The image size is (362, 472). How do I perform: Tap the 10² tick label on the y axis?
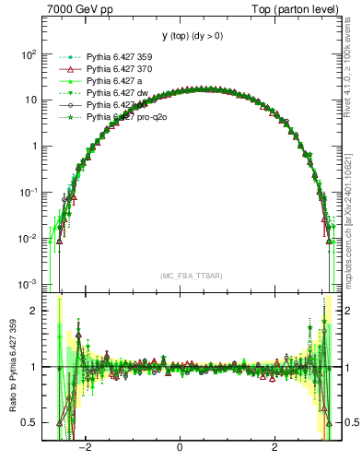coord(28,54)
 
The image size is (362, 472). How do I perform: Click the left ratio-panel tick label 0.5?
coord(29,422)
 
